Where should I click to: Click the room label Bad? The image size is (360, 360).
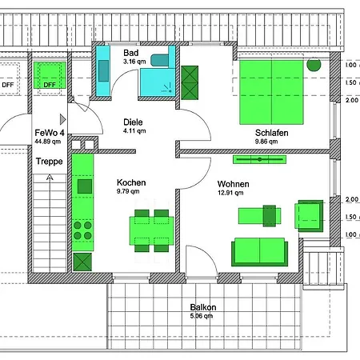[131, 52]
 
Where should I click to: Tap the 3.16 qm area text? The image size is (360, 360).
[134, 61]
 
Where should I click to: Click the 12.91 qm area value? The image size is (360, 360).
[233, 192]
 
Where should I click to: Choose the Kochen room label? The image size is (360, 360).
[130, 182]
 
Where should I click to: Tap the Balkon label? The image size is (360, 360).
[203, 306]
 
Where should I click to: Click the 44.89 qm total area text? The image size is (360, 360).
[49, 142]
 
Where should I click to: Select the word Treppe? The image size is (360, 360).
[50, 161]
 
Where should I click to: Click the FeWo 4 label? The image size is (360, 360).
[49, 133]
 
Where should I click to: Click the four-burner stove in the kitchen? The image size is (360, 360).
[82, 231]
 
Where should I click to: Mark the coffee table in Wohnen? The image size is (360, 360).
[261, 215]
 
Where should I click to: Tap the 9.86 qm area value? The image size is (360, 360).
[266, 142]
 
